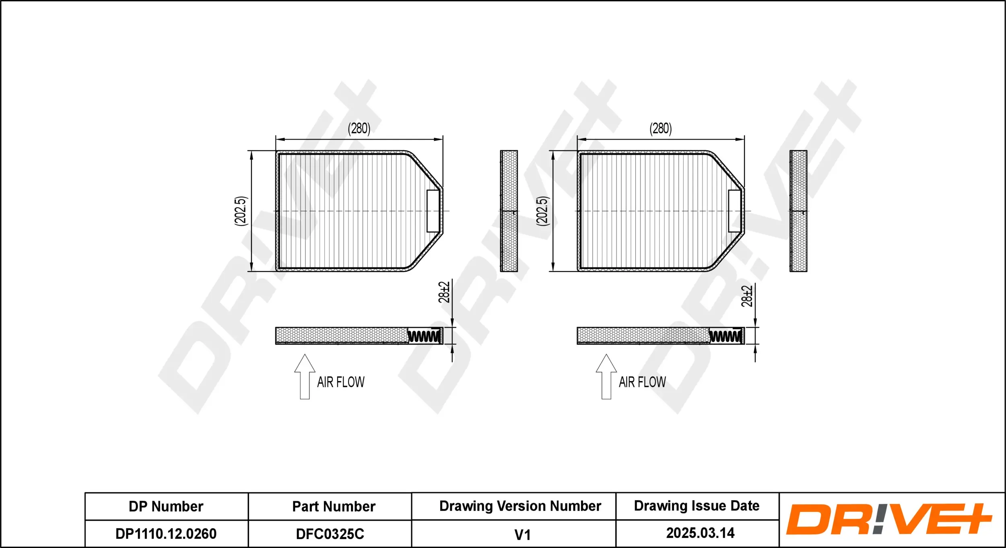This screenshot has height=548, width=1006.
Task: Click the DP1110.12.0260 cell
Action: tap(166, 534)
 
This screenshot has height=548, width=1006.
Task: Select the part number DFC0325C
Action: tap(330, 534)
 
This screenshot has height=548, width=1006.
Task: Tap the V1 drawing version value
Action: tap(522, 535)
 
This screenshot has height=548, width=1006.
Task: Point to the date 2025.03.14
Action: tap(700, 533)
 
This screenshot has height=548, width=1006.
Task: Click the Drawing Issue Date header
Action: tap(697, 506)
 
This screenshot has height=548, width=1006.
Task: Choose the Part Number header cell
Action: tap(334, 506)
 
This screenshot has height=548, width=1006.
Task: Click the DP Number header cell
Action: tap(166, 506)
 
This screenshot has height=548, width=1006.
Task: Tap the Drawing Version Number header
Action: tap(520, 506)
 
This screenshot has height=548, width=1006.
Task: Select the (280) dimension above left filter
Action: tap(359, 129)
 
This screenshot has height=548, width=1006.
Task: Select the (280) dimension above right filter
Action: tap(660, 129)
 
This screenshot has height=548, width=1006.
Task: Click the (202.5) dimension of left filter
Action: tap(240, 211)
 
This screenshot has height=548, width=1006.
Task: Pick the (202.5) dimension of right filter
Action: tap(542, 211)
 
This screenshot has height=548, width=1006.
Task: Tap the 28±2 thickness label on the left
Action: tap(443, 292)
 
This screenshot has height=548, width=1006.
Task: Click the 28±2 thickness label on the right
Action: tap(746, 296)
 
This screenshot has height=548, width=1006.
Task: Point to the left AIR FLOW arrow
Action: tap(305, 377)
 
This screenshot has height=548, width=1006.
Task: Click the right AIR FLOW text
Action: tap(642, 382)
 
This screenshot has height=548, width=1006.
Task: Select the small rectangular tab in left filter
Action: tap(433, 211)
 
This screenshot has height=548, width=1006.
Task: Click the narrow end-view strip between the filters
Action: tap(509, 211)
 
